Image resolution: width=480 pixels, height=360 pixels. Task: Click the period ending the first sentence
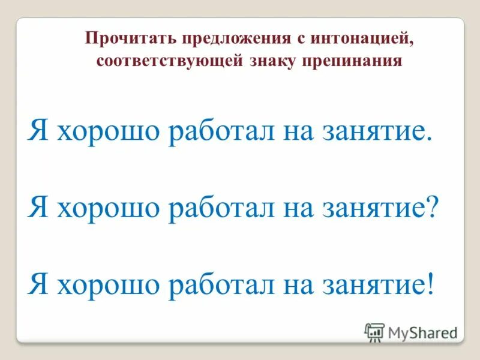[x=428, y=139]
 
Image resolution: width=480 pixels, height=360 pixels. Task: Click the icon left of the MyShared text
[x=374, y=332]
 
